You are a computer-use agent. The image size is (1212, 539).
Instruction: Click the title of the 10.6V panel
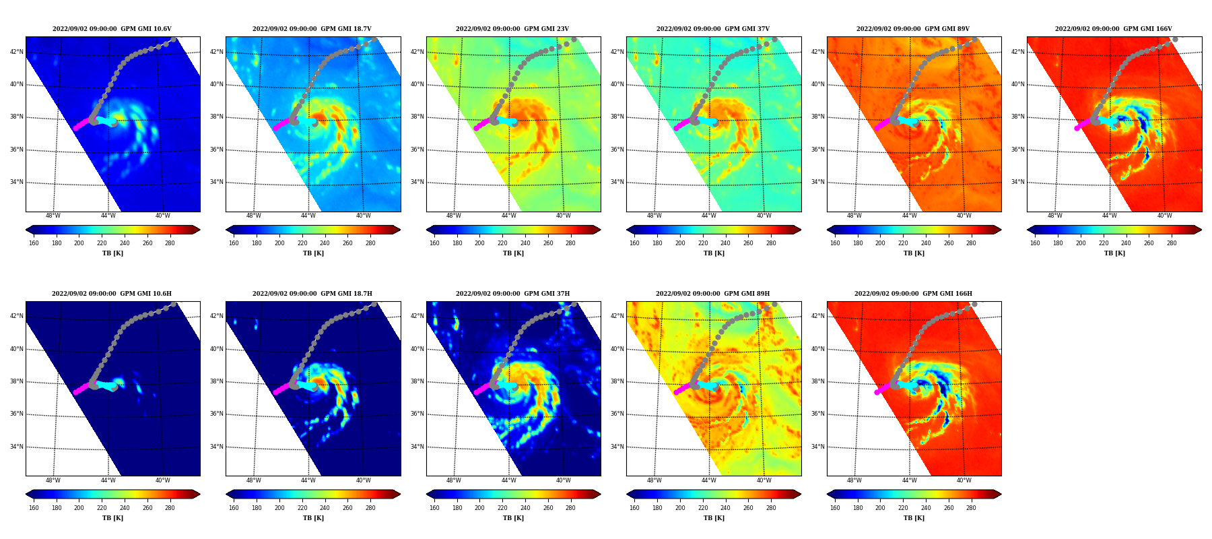pyautogui.click(x=112, y=29)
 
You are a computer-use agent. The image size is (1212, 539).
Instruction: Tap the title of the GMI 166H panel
pyautogui.click(x=914, y=294)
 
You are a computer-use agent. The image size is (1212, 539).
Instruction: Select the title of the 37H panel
pyautogui.click(x=513, y=294)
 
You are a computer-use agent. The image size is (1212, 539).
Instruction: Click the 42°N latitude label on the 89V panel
pyautogui.click(x=819, y=52)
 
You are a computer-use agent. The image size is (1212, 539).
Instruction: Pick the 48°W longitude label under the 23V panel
pyautogui.click(x=454, y=216)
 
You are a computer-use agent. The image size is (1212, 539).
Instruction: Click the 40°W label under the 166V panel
pyautogui.click(x=1165, y=216)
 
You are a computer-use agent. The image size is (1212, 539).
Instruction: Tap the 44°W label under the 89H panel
pyautogui.click(x=709, y=480)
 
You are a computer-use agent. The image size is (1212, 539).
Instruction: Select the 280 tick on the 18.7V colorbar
pyautogui.click(x=370, y=243)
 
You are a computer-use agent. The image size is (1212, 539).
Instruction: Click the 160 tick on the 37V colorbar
pyautogui.click(x=634, y=243)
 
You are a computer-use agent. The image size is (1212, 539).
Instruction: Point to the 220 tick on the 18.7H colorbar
pyautogui.click(x=302, y=508)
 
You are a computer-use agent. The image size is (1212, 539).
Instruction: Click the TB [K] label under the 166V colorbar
pyautogui.click(x=1114, y=253)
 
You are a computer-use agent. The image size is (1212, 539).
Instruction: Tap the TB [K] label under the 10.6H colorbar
pyautogui.click(x=112, y=518)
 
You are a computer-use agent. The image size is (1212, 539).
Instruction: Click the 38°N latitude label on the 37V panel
pyautogui.click(x=618, y=117)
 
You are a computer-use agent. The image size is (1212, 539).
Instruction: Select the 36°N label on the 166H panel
pyautogui.click(x=819, y=414)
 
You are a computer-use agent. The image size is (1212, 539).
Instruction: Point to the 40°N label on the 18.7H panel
pyautogui.click(x=217, y=349)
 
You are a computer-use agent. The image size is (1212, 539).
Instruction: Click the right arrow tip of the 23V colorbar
pyautogui.click(x=601, y=230)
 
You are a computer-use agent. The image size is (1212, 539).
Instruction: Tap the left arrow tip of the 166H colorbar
pyautogui.click(x=827, y=494)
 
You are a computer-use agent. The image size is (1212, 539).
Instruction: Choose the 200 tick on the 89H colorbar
pyautogui.click(x=680, y=508)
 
